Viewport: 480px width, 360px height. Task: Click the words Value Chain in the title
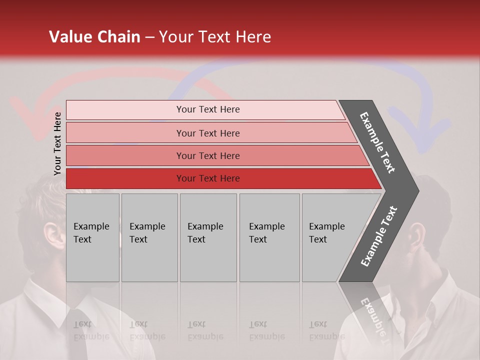point(94,37)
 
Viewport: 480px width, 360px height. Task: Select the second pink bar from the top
point(208,133)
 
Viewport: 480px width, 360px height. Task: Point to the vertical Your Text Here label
point(57,143)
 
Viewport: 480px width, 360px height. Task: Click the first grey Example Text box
point(92,237)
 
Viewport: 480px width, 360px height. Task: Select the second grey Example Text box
point(149,237)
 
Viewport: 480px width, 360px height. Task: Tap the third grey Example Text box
point(208,237)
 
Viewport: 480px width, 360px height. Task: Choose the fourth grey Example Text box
point(269,237)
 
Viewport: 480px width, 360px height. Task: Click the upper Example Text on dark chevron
point(378,142)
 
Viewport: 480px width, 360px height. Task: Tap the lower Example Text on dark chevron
point(379,236)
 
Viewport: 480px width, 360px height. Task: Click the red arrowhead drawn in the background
point(27,117)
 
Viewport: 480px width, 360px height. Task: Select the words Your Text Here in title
point(215,37)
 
